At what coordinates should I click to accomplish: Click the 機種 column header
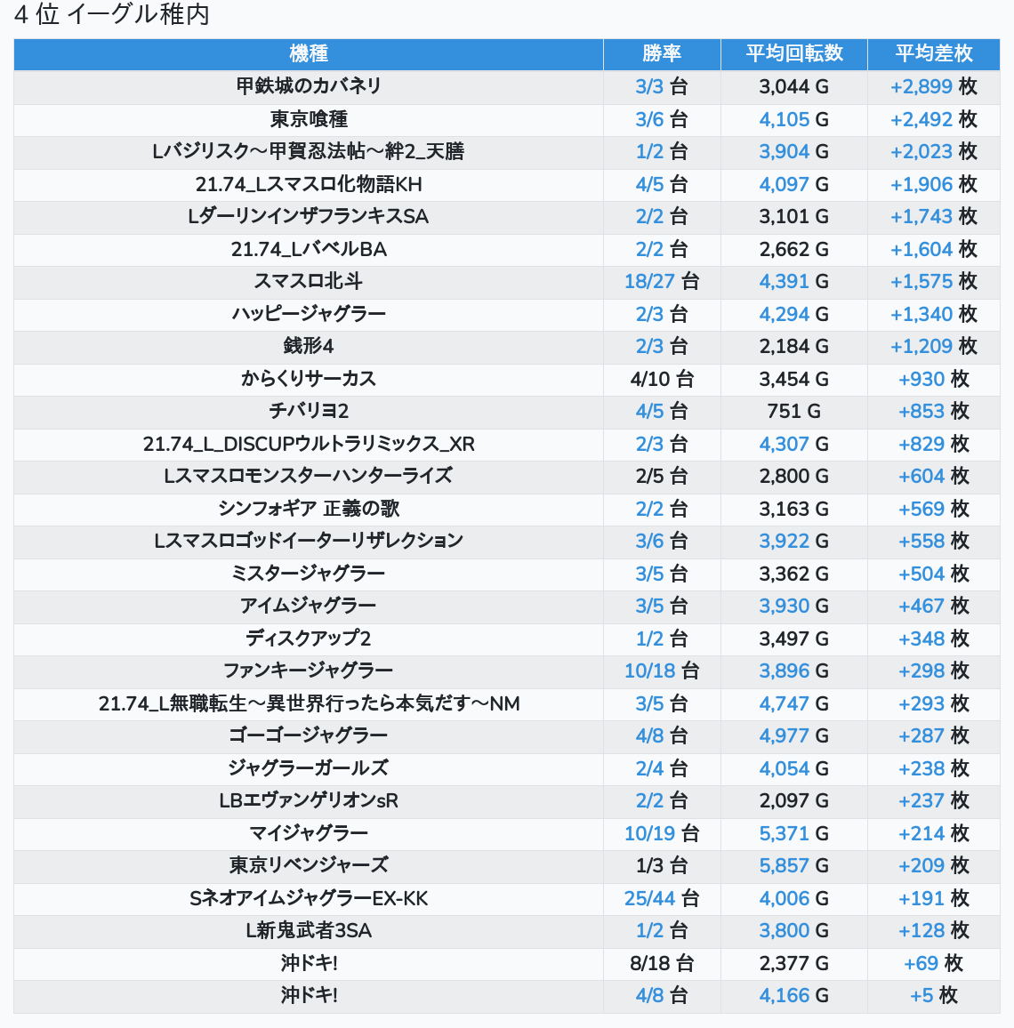tap(309, 53)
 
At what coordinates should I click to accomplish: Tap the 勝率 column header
tap(662, 53)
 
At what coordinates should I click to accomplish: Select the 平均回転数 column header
tap(794, 53)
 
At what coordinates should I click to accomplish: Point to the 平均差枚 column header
tap(934, 53)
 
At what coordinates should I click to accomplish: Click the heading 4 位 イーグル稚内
tap(112, 15)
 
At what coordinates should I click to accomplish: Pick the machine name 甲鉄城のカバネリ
tap(309, 86)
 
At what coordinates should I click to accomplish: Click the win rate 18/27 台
tap(662, 282)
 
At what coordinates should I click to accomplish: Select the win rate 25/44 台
tap(662, 898)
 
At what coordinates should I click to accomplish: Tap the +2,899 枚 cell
tap(934, 86)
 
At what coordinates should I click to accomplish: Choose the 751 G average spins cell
tap(794, 411)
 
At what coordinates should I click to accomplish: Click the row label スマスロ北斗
tap(309, 282)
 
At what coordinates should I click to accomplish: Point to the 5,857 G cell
tap(794, 865)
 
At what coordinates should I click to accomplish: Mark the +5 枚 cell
tap(934, 996)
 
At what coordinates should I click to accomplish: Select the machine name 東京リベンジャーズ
tap(309, 865)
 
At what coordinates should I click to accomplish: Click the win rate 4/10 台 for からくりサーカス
tap(662, 379)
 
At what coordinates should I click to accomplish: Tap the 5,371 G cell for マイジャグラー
tap(794, 833)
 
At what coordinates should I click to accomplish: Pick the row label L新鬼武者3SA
tap(309, 931)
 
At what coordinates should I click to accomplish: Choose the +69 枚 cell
tap(934, 963)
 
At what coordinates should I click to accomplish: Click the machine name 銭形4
tap(309, 346)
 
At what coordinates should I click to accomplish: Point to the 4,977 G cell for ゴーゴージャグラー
tap(794, 735)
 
